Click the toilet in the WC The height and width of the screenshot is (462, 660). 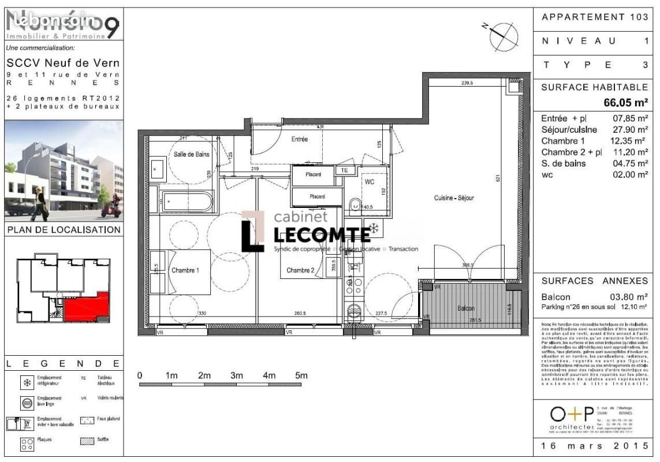[x=355, y=204]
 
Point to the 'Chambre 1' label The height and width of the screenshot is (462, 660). [x=185, y=270]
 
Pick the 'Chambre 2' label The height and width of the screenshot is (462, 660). [x=300, y=270]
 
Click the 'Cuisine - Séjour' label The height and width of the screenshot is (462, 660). [x=454, y=198]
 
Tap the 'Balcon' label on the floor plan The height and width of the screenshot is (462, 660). [x=466, y=309]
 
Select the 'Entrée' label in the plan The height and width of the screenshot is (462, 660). [x=299, y=139]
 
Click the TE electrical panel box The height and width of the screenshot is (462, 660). [x=345, y=171]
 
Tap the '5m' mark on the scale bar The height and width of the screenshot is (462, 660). [x=301, y=375]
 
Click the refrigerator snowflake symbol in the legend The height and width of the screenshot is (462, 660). [x=26, y=382]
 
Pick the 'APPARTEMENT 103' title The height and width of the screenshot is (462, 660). [x=595, y=17]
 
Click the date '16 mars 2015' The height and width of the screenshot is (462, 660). [x=595, y=446]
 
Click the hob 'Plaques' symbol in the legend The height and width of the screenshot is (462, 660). [x=26, y=444]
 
